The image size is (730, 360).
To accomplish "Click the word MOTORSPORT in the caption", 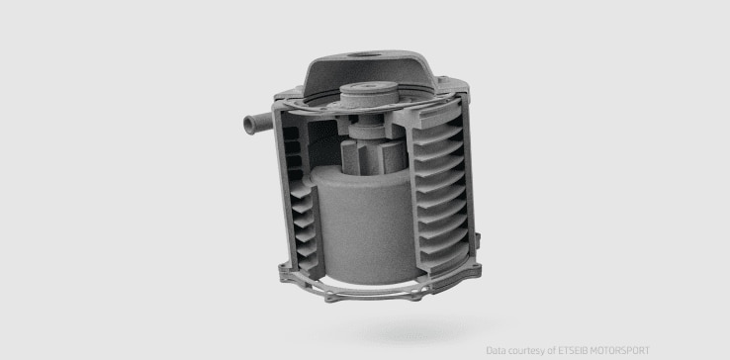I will pyautogui.click(x=618, y=350).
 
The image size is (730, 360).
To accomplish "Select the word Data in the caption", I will pyautogui.click(x=496, y=350).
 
